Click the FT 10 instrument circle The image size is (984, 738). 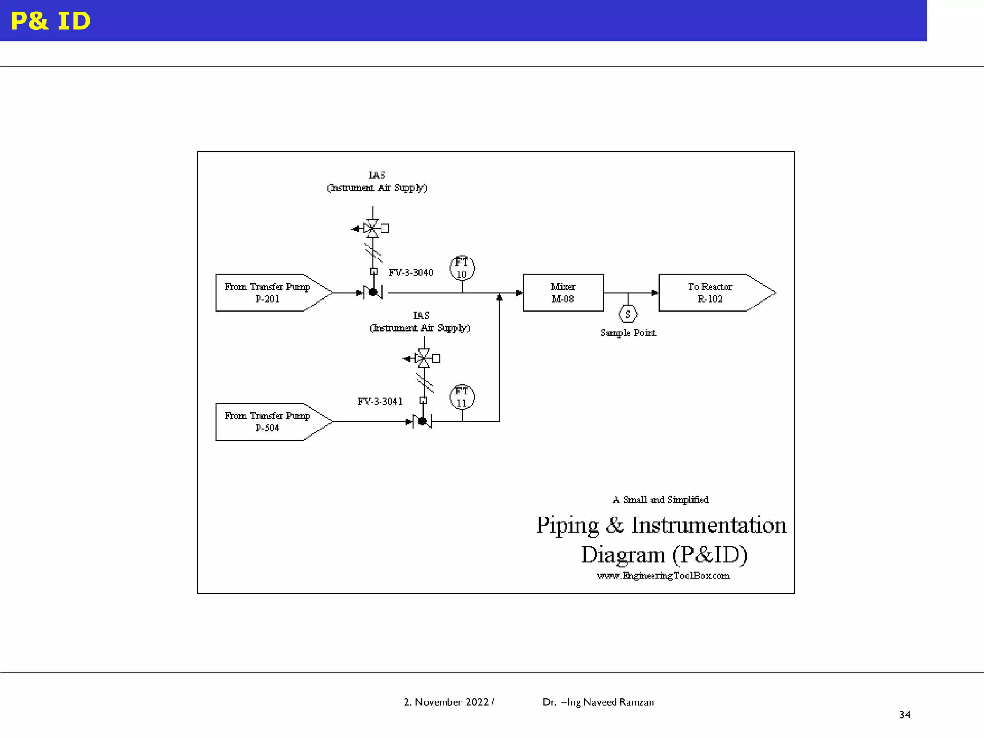[462, 268]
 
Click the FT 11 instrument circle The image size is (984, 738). [462, 397]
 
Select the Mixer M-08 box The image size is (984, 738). [563, 293]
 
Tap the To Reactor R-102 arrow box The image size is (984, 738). [711, 293]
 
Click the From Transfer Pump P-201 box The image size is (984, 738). [267, 293]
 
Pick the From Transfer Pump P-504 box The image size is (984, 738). [267, 421]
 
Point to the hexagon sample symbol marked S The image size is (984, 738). [627, 314]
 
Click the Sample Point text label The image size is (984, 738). [627, 333]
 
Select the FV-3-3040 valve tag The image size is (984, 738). [411, 272]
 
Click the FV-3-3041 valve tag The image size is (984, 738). [380, 401]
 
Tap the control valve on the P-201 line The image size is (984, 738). [373, 292]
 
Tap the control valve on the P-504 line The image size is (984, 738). [422, 421]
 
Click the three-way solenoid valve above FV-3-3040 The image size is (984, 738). [372, 228]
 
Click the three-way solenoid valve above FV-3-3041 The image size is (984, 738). [424, 358]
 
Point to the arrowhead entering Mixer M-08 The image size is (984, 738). [519, 293]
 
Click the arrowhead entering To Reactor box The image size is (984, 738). [654, 293]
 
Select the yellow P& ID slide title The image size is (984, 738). [50, 21]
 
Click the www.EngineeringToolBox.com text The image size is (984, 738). [663, 576]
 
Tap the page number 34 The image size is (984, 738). [905, 714]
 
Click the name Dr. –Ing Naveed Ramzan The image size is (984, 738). [598, 702]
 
